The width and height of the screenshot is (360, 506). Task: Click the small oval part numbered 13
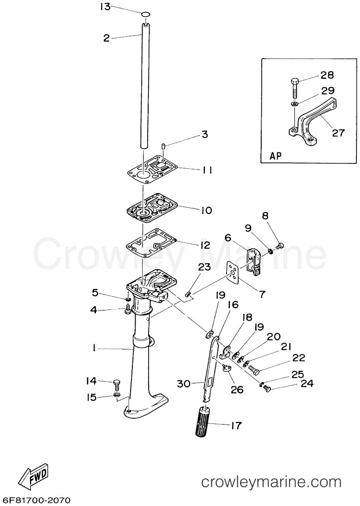pos(146,14)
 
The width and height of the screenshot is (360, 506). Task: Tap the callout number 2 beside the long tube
pos(107,38)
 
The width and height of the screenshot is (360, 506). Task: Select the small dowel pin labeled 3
pos(163,146)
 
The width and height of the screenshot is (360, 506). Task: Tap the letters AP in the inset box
pos(276,155)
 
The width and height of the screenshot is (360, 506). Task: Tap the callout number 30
pos(184,384)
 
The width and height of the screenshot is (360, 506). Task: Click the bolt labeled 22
pos(253,369)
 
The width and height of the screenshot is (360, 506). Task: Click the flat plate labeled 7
pos(233,272)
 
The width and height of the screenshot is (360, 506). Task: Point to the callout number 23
pos(204,267)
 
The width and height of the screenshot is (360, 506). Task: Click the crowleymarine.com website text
pos(271,482)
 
